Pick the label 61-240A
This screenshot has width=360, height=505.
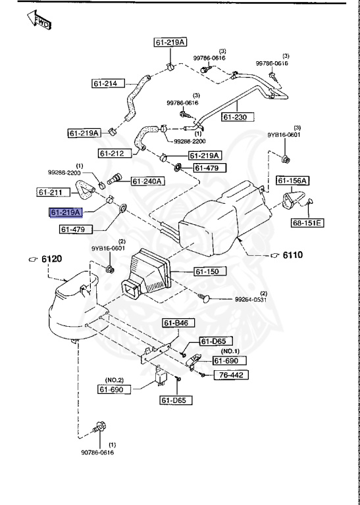[148, 181]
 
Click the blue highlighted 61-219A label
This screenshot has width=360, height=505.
[66, 212]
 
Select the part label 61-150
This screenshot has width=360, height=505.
[209, 271]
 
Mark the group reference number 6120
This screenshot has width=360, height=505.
[50, 259]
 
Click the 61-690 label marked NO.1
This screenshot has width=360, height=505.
[229, 361]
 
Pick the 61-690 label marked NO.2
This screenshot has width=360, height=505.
[116, 389]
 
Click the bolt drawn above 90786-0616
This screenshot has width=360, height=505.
[99, 425]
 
